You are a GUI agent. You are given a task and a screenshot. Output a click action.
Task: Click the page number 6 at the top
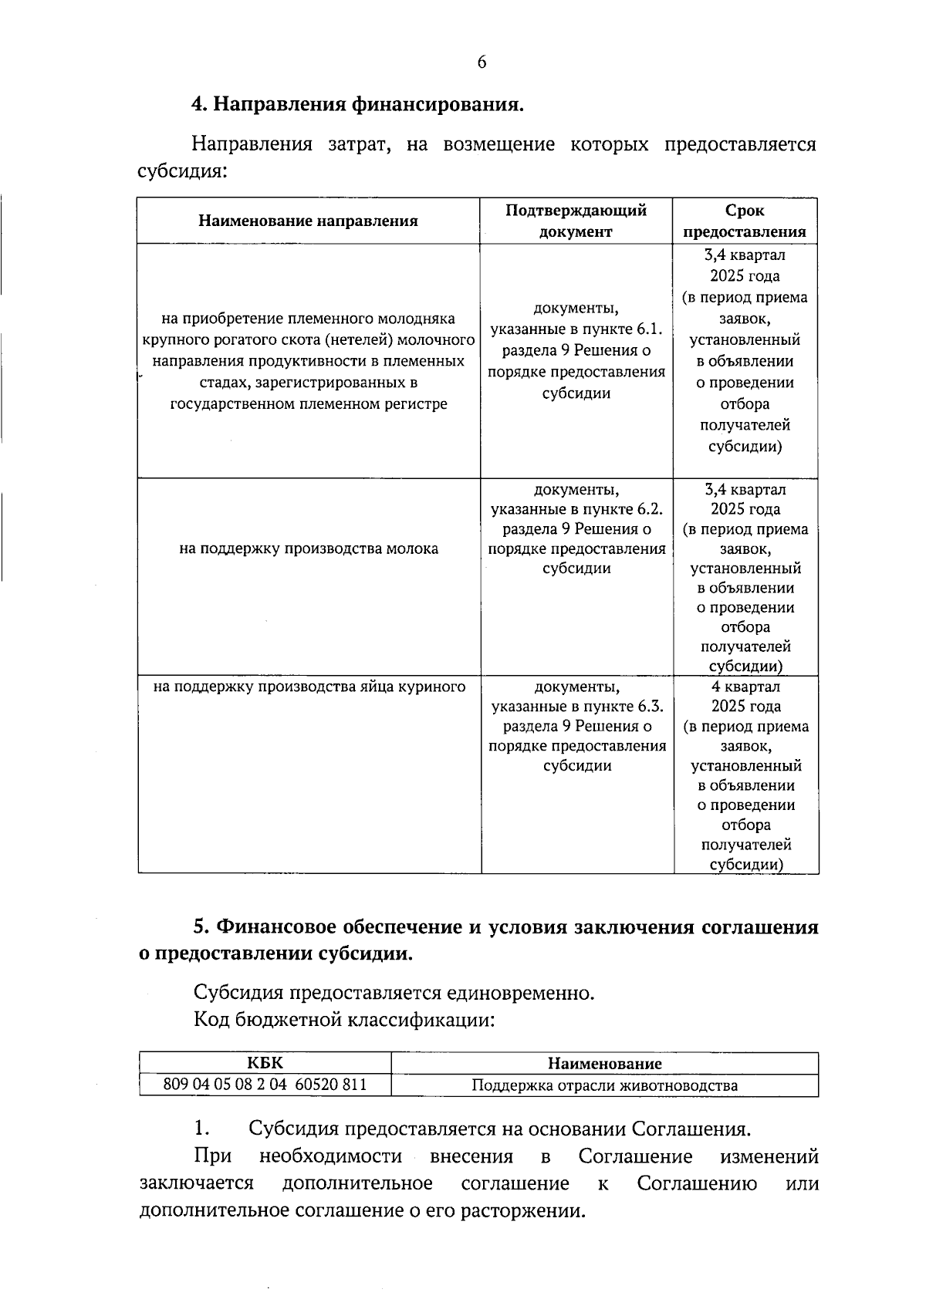pos(482,63)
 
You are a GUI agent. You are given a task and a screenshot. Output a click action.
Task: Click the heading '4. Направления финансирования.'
pos(357,104)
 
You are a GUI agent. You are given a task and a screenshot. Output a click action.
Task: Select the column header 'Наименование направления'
pos(308,221)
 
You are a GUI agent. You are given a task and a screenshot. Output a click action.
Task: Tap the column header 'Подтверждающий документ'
pos(576,221)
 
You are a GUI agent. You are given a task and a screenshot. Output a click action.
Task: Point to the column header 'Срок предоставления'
pos(745,221)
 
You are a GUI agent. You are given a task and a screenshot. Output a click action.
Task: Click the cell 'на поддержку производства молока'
pos(309,548)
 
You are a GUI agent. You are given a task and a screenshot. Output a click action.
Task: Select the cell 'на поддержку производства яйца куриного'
pos(309,687)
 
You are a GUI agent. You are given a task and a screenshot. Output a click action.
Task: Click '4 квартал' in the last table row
pos(745,687)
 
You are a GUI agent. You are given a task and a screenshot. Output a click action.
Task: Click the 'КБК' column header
pos(265,1064)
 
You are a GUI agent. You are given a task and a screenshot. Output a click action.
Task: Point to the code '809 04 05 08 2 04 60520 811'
pos(265,1085)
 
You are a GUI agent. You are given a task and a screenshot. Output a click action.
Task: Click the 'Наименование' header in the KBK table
pos(604,1064)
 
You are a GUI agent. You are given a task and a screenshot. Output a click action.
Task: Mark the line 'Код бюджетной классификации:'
pos(343,1021)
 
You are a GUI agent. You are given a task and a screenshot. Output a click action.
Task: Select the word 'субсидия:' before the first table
pos(182,171)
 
